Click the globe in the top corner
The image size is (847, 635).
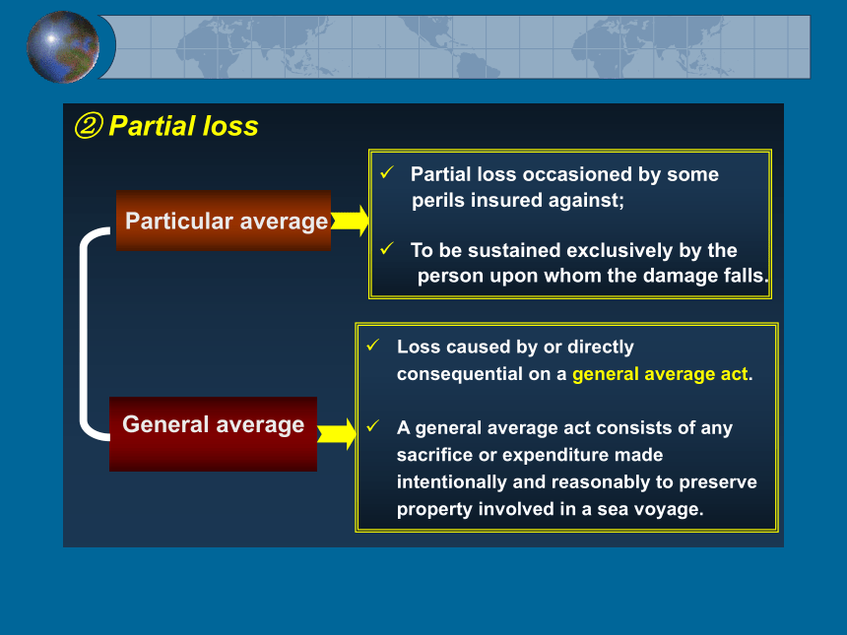point(63,47)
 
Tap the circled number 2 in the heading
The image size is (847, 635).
point(88,126)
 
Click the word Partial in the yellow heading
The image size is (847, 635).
point(152,126)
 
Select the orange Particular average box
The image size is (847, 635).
point(224,221)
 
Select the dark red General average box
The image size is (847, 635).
point(214,434)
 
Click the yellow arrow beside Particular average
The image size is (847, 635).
point(350,221)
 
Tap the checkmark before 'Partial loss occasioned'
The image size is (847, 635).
point(387,172)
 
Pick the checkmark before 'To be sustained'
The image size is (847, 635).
point(387,248)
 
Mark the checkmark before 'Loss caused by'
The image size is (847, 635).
point(373,345)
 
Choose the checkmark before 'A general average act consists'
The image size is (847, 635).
point(373,426)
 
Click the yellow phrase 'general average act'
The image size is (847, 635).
point(660,374)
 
